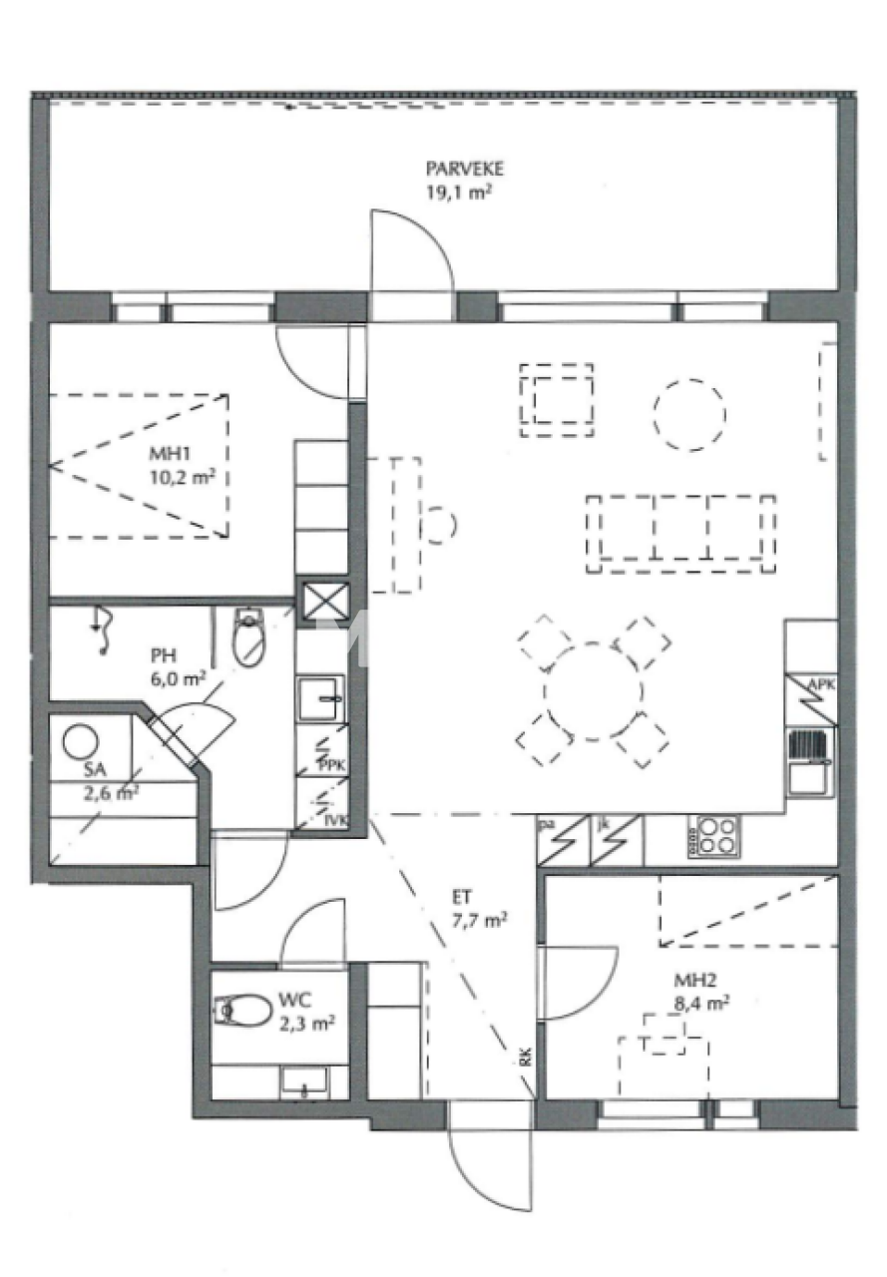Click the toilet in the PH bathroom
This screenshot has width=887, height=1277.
point(247,638)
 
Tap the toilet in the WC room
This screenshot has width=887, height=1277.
point(242,1011)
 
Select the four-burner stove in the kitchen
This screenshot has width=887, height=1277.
point(712,836)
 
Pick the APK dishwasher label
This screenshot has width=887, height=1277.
point(821,684)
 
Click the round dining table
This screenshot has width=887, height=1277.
point(593,690)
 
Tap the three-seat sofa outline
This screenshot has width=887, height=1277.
point(681,533)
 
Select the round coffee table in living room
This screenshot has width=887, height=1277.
point(689,412)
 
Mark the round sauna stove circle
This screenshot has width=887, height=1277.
point(80,741)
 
